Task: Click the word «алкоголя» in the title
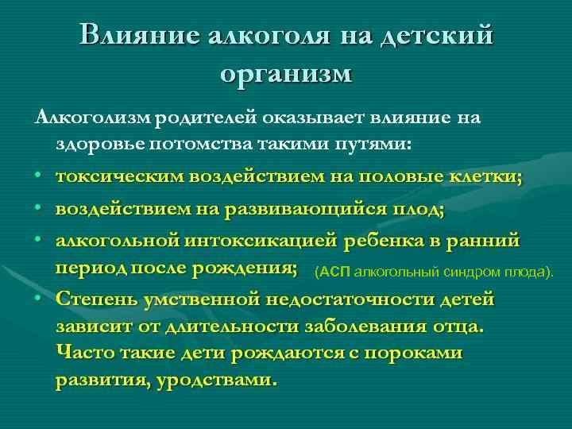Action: [x=269, y=37]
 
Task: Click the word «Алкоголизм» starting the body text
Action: [x=91, y=118]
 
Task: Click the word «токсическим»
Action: [x=120, y=176]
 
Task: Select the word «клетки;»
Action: [x=489, y=176]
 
